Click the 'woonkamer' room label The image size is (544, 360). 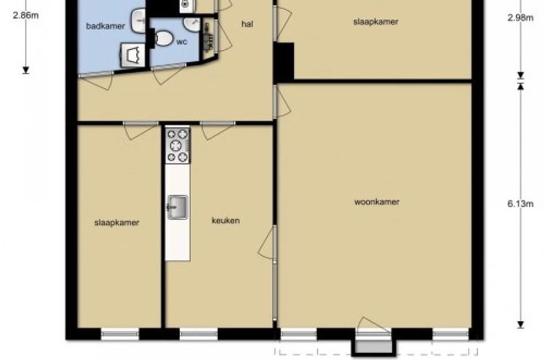click(x=377, y=202)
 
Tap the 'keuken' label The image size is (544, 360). click(x=226, y=221)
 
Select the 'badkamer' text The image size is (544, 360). click(x=105, y=26)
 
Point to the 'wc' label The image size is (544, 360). click(x=182, y=42)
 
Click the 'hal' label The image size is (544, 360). click(x=247, y=24)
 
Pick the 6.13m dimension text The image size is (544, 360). click(x=520, y=204)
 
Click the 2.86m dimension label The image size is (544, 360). click(x=26, y=16)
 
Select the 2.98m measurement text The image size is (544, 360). click(x=520, y=17)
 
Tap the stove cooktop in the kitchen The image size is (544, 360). click(x=177, y=146)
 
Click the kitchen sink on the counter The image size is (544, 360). click(x=178, y=207)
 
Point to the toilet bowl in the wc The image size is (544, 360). click(x=163, y=38)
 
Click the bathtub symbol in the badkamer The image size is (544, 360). click(x=133, y=55)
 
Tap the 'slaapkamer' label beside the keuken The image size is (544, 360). click(x=116, y=222)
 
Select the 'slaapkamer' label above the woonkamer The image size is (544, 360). click(x=376, y=21)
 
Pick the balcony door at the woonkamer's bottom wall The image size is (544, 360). click(x=373, y=325)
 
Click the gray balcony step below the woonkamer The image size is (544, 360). click(x=374, y=347)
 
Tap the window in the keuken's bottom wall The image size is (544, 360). click(x=199, y=334)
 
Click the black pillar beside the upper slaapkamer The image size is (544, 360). click(x=284, y=62)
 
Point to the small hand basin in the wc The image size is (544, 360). click(x=192, y=24)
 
